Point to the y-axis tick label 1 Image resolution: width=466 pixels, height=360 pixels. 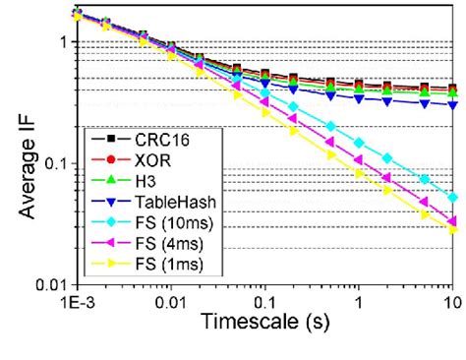[x=61, y=44]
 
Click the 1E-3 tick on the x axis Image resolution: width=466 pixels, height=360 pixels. [x=77, y=300]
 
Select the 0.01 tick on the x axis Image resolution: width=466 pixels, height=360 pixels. [x=170, y=300]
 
